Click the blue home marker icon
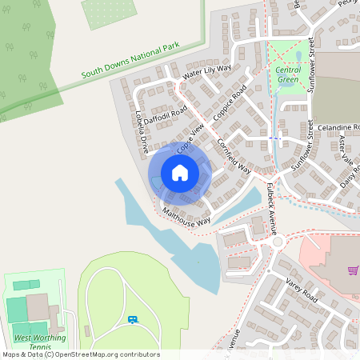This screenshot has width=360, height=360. [x=180, y=173]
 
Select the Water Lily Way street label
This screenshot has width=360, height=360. [x=206, y=71]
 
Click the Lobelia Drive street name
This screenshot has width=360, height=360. [x=142, y=131]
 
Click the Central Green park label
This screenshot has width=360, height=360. [x=288, y=74]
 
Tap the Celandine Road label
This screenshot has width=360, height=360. [x=338, y=128]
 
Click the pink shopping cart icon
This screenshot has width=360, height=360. [x=353, y=270]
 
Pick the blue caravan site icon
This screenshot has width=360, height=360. [x=132, y=320]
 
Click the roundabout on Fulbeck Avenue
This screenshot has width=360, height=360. [x=278, y=242]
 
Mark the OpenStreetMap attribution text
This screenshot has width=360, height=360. [x=80, y=354]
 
